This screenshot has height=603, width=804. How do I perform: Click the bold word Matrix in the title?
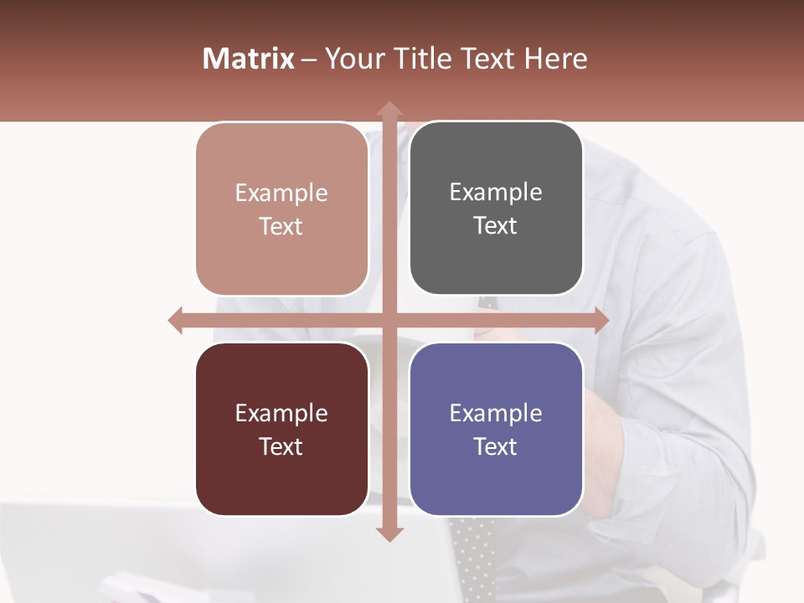click(248, 59)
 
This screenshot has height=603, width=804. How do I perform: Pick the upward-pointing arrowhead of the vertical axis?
click(389, 109)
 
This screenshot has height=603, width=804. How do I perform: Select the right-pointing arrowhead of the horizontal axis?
click(600, 320)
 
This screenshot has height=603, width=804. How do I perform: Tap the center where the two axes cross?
click(389, 320)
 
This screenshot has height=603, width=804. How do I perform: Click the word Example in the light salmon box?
click(281, 193)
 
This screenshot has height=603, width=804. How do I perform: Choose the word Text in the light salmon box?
click(281, 227)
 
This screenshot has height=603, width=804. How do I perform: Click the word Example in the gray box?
click(496, 193)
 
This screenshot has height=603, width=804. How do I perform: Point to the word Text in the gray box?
click(496, 226)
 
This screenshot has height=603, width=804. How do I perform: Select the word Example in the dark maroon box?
click(281, 414)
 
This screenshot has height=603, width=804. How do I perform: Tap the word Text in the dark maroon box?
click(281, 447)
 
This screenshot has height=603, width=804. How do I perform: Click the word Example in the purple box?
click(496, 414)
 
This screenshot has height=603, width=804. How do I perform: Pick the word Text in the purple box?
click(496, 447)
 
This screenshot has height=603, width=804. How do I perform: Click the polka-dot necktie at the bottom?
click(471, 557)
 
